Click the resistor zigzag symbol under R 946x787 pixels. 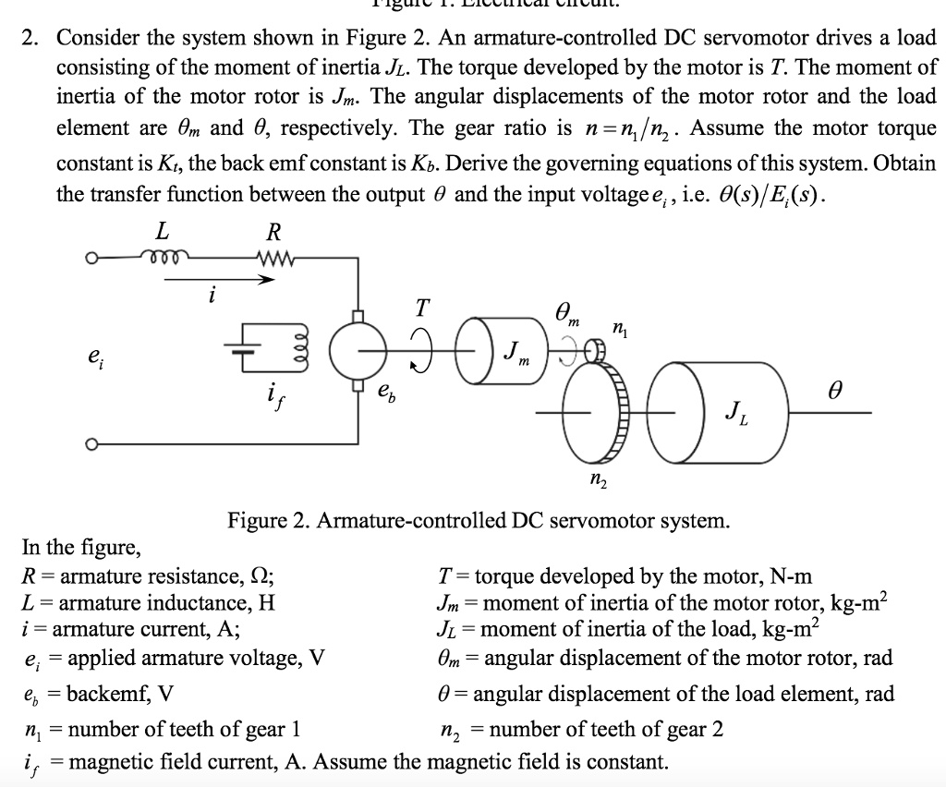(x=275, y=258)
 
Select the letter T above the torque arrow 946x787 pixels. (x=423, y=306)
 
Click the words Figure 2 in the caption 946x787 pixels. (x=270, y=521)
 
